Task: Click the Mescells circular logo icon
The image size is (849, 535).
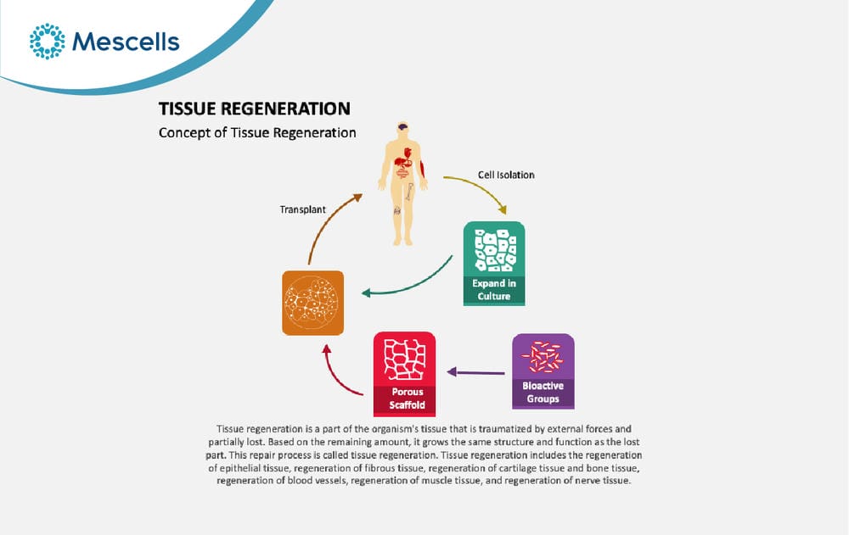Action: (47, 41)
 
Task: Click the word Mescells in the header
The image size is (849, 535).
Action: (126, 42)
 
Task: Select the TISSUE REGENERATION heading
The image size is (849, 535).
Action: (255, 109)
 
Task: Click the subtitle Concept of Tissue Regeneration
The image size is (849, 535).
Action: (257, 132)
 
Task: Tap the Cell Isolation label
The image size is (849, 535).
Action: (506, 175)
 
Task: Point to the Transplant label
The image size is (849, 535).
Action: (303, 209)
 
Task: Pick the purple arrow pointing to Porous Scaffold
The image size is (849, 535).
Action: (476, 372)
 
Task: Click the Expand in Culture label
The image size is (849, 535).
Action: (494, 289)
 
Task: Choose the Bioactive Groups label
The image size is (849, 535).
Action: (543, 393)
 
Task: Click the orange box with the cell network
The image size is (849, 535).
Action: (313, 303)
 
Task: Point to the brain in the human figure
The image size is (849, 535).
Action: (402, 127)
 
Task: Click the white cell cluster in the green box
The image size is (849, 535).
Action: (494, 250)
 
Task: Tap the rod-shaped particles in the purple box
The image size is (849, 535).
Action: (543, 357)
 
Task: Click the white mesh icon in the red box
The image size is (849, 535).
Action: (404, 359)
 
